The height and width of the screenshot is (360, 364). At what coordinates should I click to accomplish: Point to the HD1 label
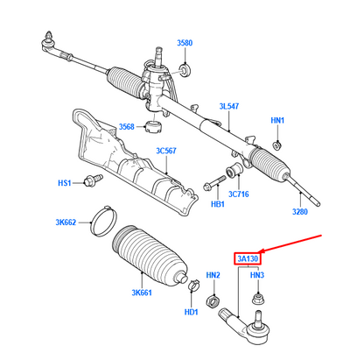[192, 311]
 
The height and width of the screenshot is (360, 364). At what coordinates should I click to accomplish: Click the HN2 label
[213, 275]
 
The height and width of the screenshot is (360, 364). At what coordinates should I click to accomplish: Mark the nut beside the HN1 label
[277, 143]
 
